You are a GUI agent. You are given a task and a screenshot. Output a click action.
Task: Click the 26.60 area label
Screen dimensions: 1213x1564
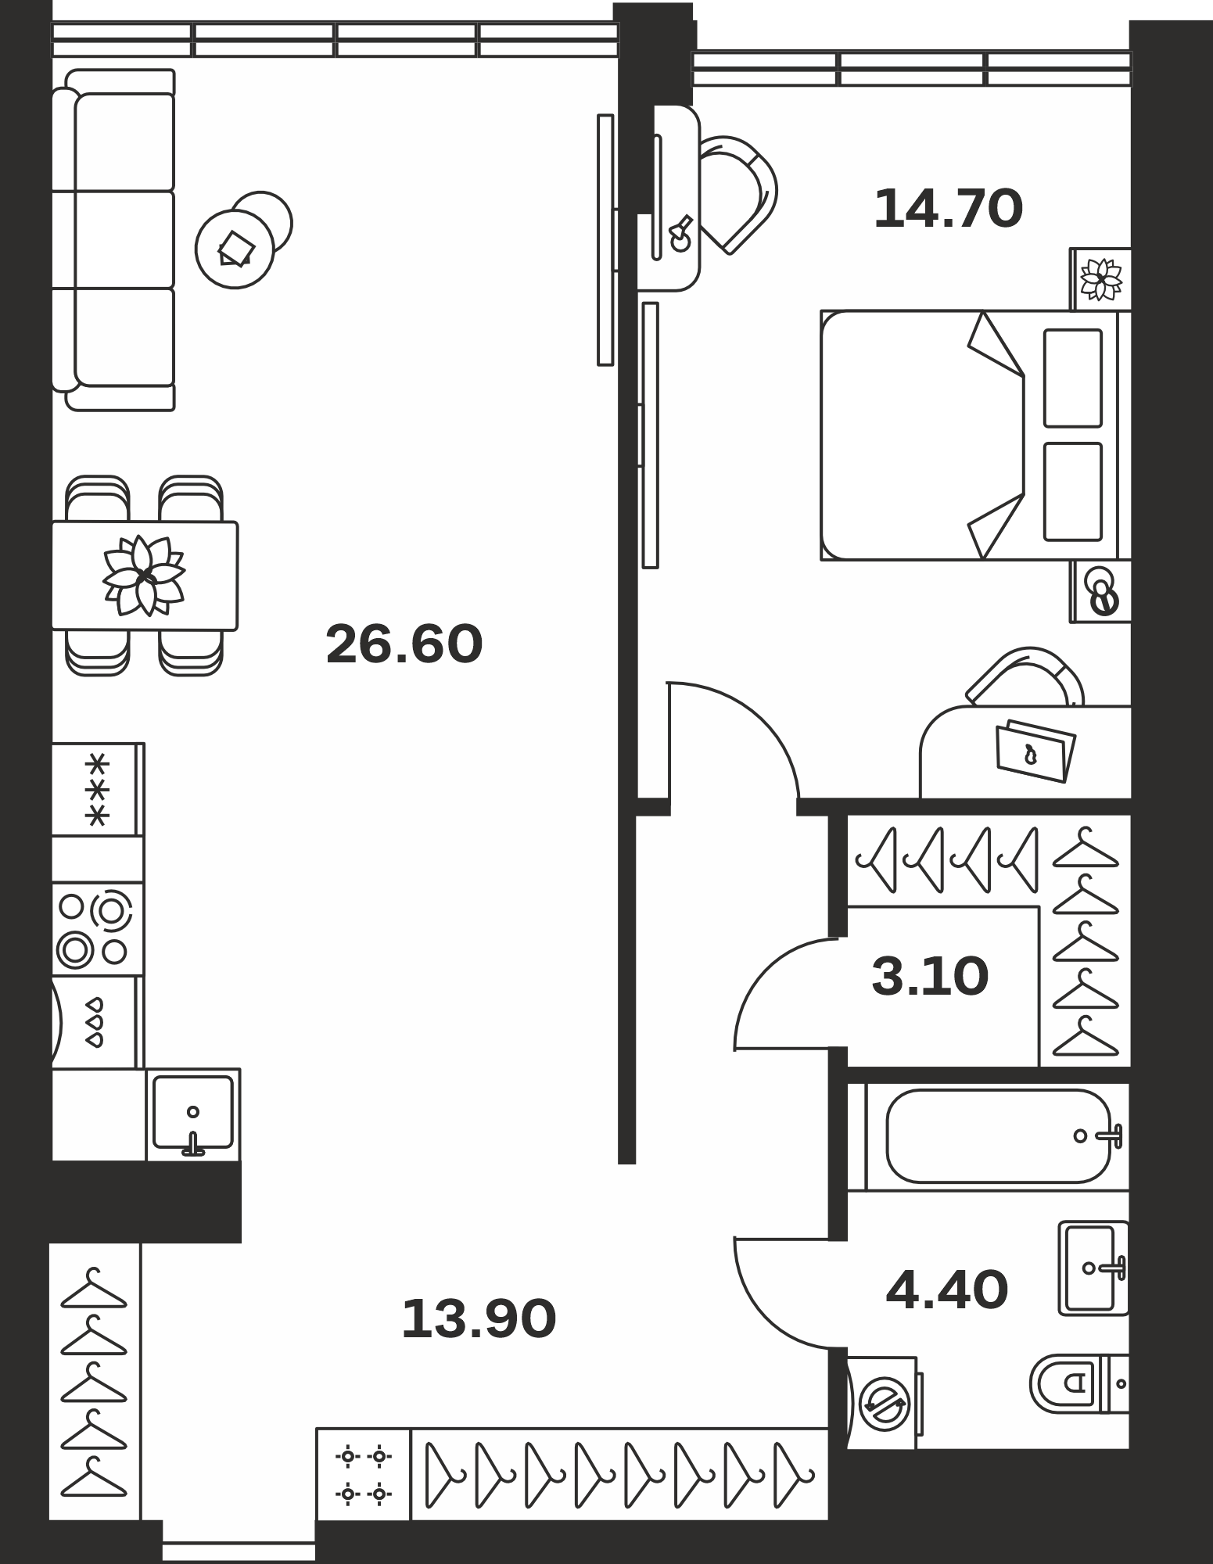[404, 644]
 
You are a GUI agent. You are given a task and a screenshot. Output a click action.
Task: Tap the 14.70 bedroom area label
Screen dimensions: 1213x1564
[948, 210]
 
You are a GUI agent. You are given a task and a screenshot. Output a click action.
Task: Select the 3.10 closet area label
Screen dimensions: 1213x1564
[930, 977]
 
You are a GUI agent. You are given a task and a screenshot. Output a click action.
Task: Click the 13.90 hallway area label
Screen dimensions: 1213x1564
[479, 1318]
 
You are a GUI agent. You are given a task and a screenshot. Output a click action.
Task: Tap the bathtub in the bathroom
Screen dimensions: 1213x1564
[998, 1136]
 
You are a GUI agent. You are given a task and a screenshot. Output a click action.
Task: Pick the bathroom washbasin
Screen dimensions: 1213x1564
[1093, 1268]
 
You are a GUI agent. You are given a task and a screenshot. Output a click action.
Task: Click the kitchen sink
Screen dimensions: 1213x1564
[193, 1114]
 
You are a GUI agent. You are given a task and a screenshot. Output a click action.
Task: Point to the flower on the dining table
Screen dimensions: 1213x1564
[145, 576]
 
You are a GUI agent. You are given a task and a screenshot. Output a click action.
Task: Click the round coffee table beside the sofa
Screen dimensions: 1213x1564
[235, 249]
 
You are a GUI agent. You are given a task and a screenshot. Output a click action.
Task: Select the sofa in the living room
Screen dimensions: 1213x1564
[113, 240]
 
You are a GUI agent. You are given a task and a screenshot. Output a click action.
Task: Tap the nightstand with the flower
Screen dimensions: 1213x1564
[1100, 278]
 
